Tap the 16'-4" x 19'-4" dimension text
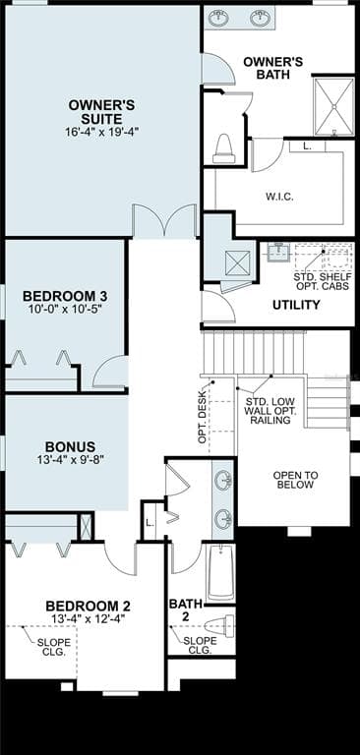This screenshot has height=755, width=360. click(102, 131)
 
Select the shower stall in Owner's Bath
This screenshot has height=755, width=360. click(333, 105)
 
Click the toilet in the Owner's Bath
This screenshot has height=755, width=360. click(223, 148)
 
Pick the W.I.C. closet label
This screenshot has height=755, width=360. click(279, 196)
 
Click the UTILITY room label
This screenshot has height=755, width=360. click(296, 305)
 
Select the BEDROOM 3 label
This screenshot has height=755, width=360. click(65, 295)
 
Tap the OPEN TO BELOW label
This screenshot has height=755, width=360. click(296, 480)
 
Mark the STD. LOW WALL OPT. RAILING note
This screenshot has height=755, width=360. click(269, 411)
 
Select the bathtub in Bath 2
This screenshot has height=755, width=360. click(220, 572)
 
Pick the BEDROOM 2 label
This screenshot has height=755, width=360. click(88, 606)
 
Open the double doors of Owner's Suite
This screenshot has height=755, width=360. click(164, 222)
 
